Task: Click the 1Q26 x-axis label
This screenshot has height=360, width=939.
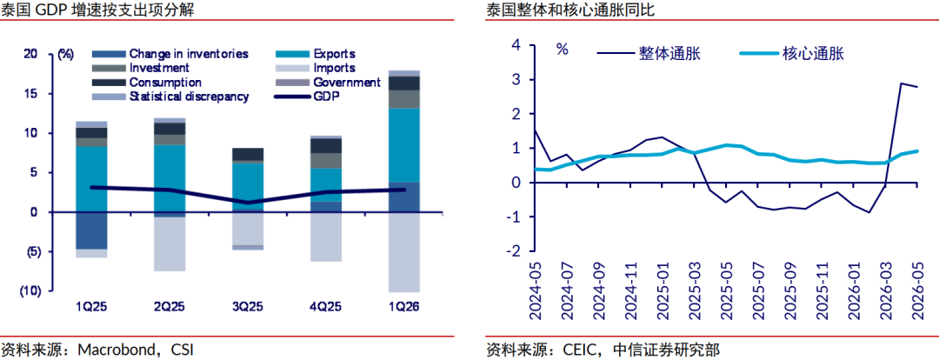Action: point(403,307)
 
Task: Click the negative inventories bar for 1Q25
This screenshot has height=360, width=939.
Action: point(91,230)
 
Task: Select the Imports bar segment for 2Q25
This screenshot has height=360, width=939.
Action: point(170,244)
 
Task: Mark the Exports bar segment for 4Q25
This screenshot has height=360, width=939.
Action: point(326,185)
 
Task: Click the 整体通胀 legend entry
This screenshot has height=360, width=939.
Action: point(649,53)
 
